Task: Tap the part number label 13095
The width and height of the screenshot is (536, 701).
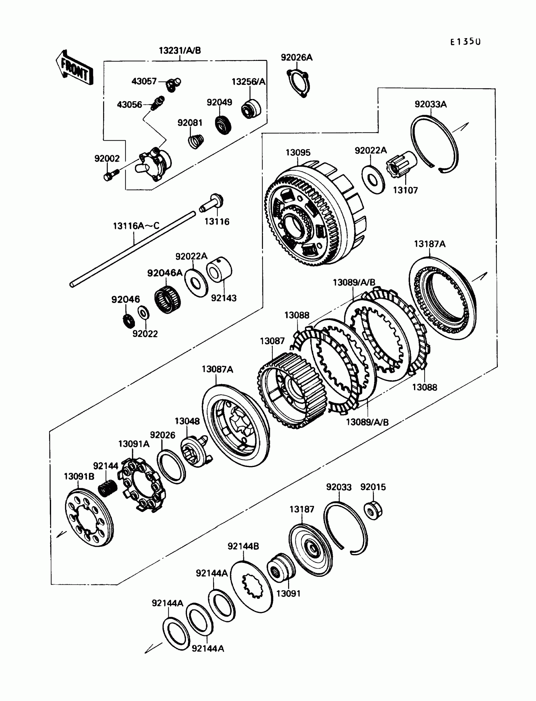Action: coord(298,153)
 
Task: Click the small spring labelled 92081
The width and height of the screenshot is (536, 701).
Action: coord(195,141)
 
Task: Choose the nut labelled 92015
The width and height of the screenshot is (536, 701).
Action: coord(373,511)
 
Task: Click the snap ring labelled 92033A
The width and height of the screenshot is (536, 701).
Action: coord(434,144)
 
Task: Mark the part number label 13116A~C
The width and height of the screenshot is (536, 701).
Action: coord(136,226)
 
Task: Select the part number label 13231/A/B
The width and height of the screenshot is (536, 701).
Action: coord(180,50)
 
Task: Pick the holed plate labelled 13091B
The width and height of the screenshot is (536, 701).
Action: coord(89,519)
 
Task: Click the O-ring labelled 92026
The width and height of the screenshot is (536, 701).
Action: coord(171,466)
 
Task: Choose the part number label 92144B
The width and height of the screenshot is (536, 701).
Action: coord(243,546)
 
